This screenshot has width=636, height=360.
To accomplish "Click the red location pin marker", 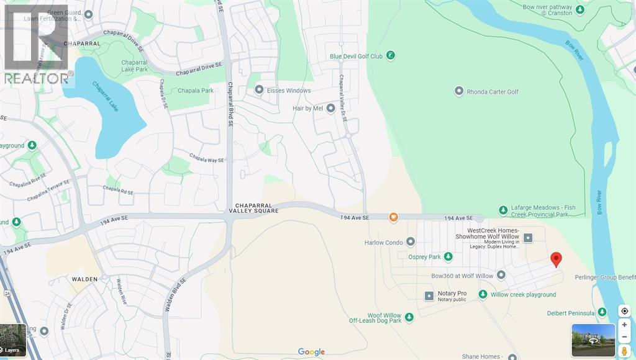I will pyautogui.click(x=556, y=259).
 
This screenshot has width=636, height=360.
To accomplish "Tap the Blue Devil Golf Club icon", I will pyautogui.click(x=391, y=56).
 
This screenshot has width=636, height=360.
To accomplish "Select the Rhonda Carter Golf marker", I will pyautogui.click(x=459, y=92).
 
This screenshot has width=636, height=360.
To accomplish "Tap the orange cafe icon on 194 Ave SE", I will pyautogui.click(x=393, y=217).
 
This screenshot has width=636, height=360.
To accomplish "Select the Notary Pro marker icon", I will pyautogui.click(x=429, y=296).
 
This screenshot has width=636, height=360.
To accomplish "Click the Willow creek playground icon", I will pyautogui.click(x=483, y=295).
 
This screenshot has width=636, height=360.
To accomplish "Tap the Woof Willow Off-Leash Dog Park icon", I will pyautogui.click(x=409, y=318).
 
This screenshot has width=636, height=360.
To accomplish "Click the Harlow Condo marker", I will pyautogui.click(x=411, y=242).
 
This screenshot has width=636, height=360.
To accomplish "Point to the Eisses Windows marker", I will pyautogui.click(x=260, y=91).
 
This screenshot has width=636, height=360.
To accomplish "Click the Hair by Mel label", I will pyautogui.click(x=308, y=108).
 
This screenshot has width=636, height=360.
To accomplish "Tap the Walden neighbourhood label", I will pyautogui.click(x=84, y=279).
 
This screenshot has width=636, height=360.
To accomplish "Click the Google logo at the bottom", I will pyautogui.click(x=311, y=352).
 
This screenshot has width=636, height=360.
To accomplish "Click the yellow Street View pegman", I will pyautogui.click(x=624, y=351).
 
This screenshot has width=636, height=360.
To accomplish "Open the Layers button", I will pyautogui.click(x=13, y=340).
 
